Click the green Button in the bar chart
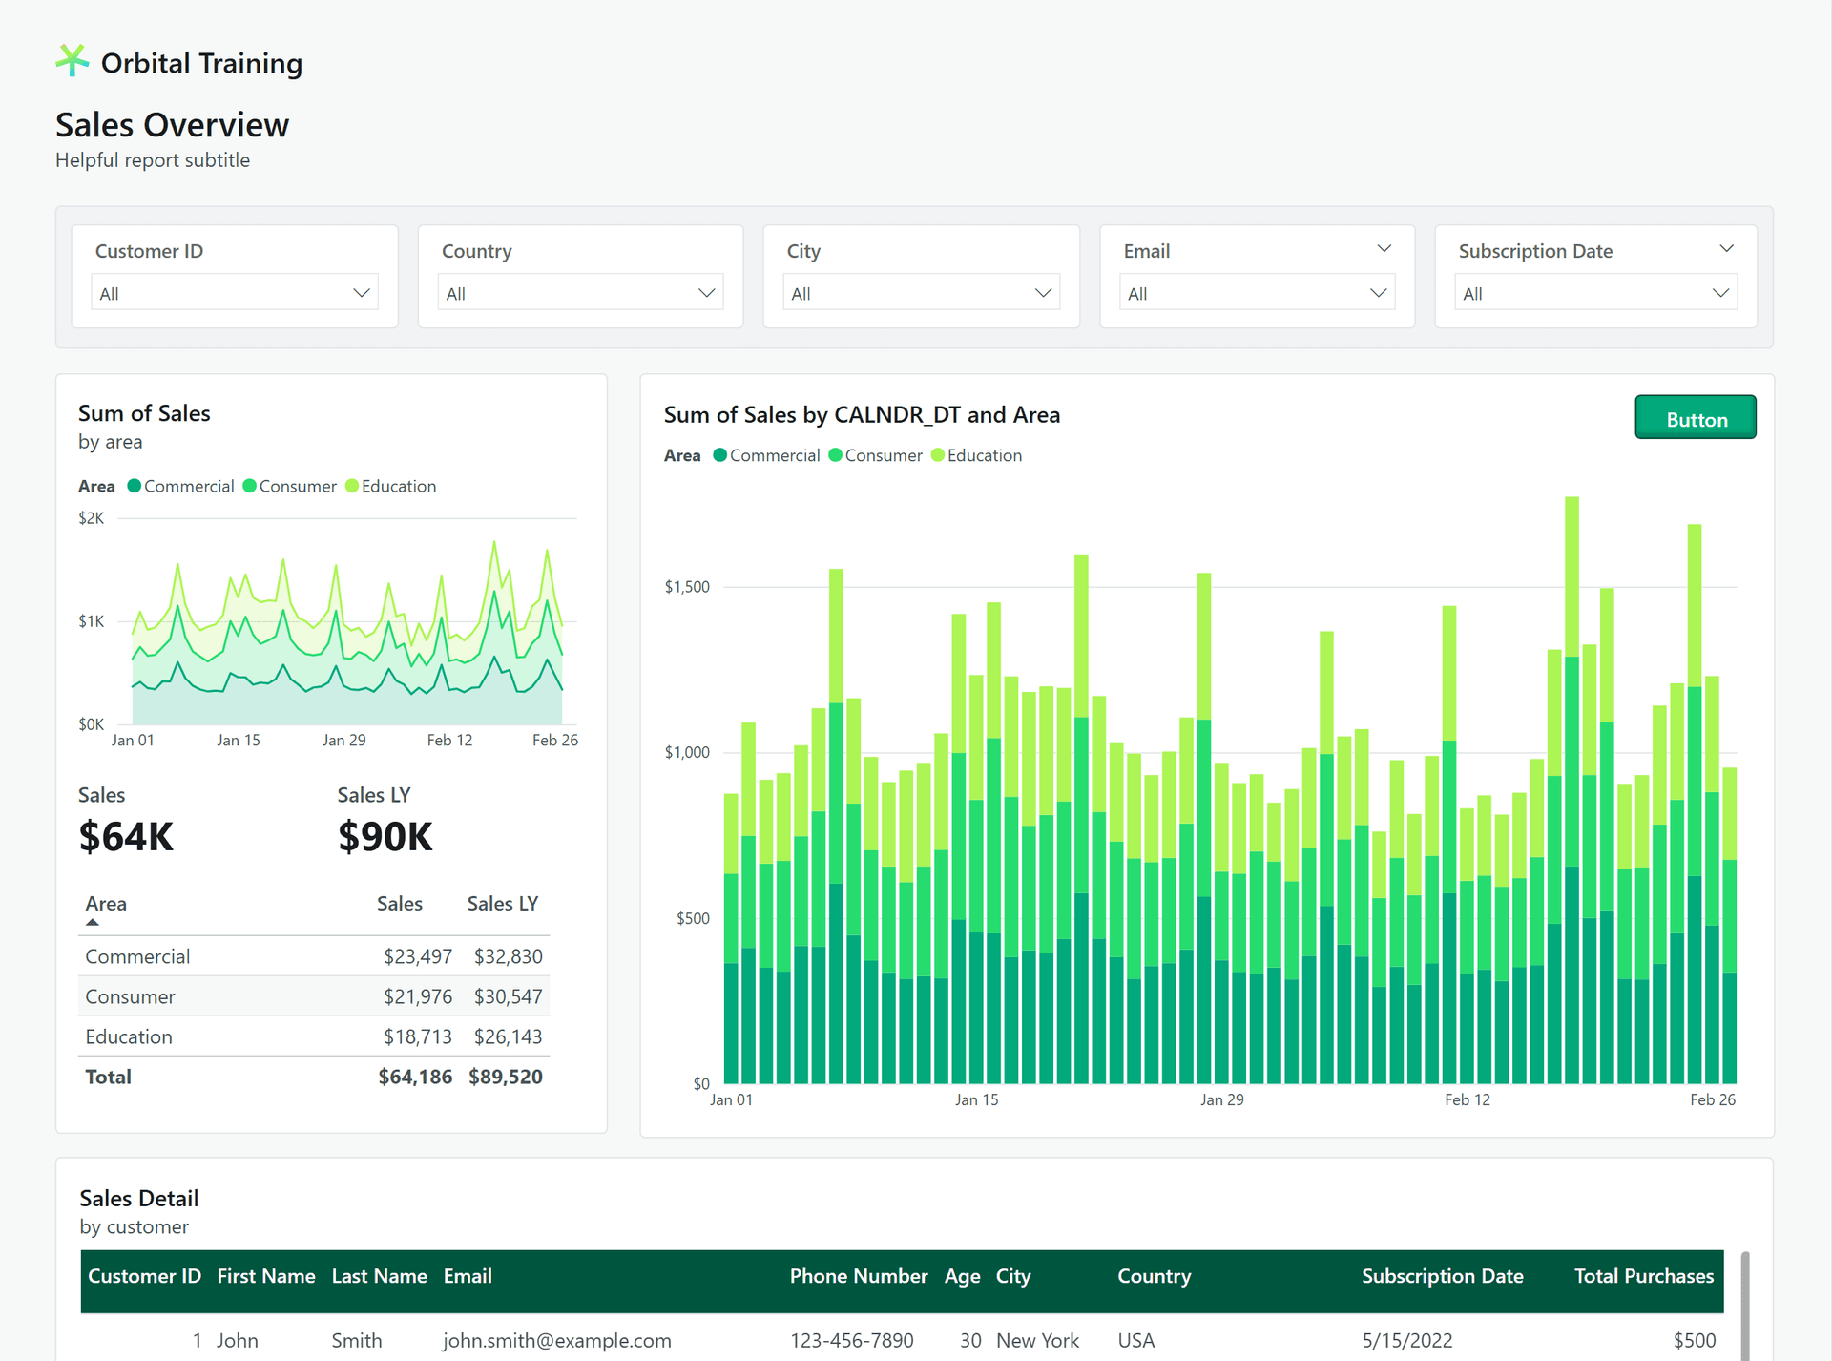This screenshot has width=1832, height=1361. (x=1695, y=418)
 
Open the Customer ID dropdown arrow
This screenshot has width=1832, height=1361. (x=361, y=293)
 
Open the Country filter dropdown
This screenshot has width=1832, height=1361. (x=580, y=293)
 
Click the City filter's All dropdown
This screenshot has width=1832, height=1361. (x=921, y=293)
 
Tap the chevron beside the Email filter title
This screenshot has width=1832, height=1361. (x=1384, y=249)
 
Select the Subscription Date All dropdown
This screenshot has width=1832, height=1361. (x=1595, y=293)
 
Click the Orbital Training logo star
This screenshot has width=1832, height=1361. (x=72, y=61)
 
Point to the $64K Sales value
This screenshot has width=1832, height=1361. (x=126, y=837)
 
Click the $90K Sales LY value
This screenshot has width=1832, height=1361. (x=385, y=837)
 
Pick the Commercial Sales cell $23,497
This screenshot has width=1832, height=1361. (x=417, y=956)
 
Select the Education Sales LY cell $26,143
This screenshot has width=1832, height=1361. (x=508, y=1036)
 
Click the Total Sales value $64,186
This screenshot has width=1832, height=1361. (x=415, y=1077)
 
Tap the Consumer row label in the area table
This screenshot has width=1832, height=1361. (x=130, y=996)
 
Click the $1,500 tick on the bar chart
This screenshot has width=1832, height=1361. (x=687, y=587)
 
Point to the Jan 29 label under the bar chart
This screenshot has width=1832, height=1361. (x=1221, y=1099)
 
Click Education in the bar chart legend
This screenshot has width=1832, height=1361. (x=984, y=455)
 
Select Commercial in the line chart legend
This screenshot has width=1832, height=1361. (x=188, y=486)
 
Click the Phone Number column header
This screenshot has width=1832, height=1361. (x=858, y=1276)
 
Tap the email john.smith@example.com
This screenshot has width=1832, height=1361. (x=556, y=1340)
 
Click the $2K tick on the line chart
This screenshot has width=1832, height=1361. (x=92, y=518)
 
